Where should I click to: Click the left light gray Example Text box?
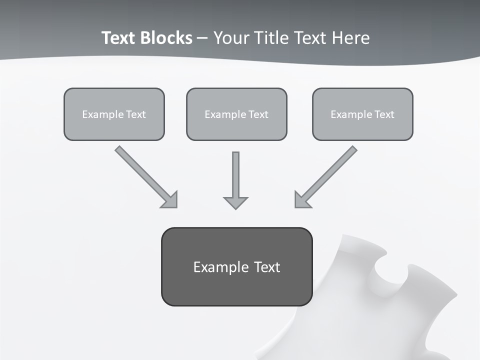[114, 114]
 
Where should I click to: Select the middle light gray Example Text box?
[236, 114]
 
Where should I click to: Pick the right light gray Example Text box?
[362, 114]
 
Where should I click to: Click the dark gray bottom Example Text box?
[236, 266]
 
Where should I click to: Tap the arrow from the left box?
[142, 173]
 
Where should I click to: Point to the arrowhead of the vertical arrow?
[235, 202]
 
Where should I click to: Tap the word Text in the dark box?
[266, 267]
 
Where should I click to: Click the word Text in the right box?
[384, 114]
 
